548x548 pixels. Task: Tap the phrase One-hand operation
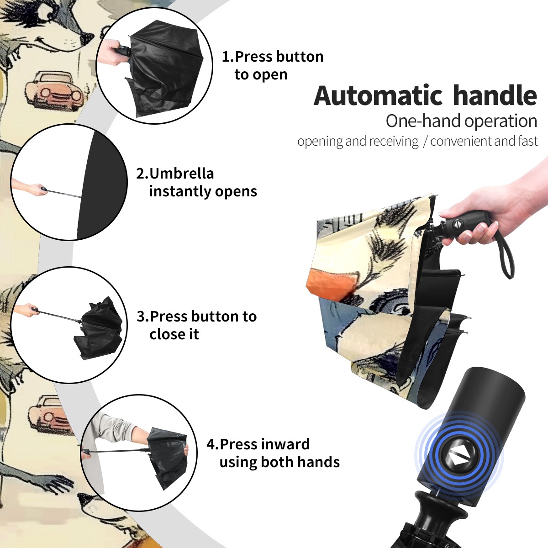(461, 121)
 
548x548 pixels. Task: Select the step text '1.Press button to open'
(273, 65)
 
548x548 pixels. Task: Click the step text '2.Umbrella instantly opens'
(196, 182)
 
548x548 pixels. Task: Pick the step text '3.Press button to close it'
(196, 325)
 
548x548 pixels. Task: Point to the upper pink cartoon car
(54, 89)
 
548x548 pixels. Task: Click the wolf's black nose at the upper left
(87, 37)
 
